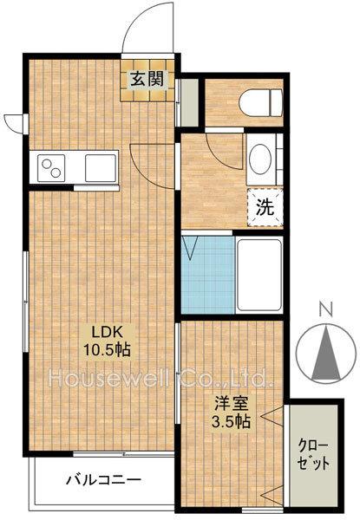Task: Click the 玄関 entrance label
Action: [147, 80]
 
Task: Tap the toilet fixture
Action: [261, 103]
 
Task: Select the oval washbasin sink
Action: [260, 159]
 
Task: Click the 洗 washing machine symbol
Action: [265, 208]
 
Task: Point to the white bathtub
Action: [259, 275]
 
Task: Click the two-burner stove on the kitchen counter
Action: [51, 168]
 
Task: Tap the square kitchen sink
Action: [101, 168]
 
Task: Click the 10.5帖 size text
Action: [107, 349]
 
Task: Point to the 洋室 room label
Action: [232, 404]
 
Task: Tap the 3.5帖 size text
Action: [232, 421]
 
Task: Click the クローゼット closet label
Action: [313, 454]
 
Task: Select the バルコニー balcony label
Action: [103, 480]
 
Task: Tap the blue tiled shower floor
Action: [208, 275]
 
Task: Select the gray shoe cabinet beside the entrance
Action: [189, 102]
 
